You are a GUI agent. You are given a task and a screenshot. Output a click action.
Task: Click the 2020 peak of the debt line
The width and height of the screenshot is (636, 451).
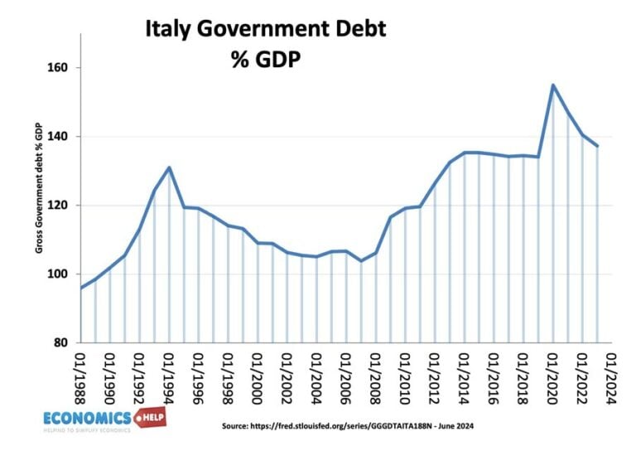tap(553, 85)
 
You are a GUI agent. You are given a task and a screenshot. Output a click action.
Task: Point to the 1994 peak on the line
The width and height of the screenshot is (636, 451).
tap(169, 167)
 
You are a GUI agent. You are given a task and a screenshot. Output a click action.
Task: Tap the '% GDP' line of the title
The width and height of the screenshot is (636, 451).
tap(266, 59)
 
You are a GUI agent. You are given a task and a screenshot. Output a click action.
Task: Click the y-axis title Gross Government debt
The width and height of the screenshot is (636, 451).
tap(38, 198)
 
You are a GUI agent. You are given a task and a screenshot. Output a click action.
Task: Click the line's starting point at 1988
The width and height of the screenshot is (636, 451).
tap(80, 288)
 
